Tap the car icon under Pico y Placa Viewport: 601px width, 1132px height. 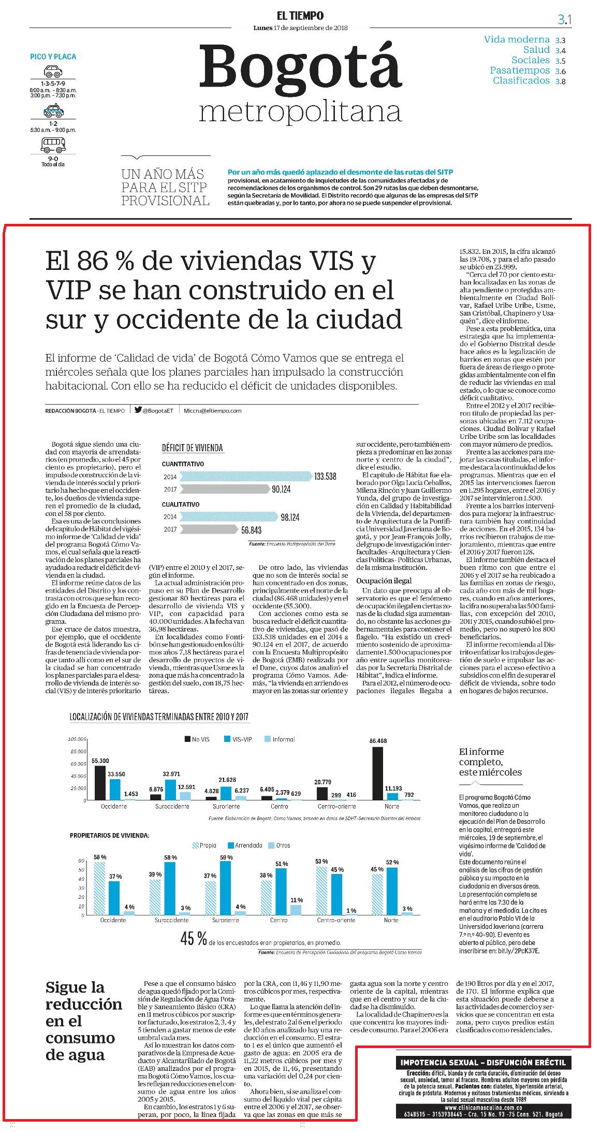pyautogui.click(x=53, y=71)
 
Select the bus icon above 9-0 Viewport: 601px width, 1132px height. pyautogui.click(x=53, y=145)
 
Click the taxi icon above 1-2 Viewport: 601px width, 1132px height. pyautogui.click(x=53, y=110)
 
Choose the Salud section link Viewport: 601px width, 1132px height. pyautogui.click(x=536, y=50)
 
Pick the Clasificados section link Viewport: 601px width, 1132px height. pyautogui.click(x=521, y=80)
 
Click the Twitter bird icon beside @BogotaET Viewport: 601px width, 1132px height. pyautogui.click(x=138, y=410)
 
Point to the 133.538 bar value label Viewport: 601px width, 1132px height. pyautogui.click(x=325, y=476)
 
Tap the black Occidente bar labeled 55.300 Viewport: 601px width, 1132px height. pyautogui.click(x=100, y=783)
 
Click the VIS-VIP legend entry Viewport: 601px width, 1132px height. pyautogui.click(x=238, y=739)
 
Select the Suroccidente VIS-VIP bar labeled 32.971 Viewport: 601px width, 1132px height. pyautogui.click(x=171, y=790)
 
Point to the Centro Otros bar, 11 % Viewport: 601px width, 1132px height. pyautogui.click(x=296, y=910)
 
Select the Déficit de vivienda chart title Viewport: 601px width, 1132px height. pyautogui.click(x=193, y=448)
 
